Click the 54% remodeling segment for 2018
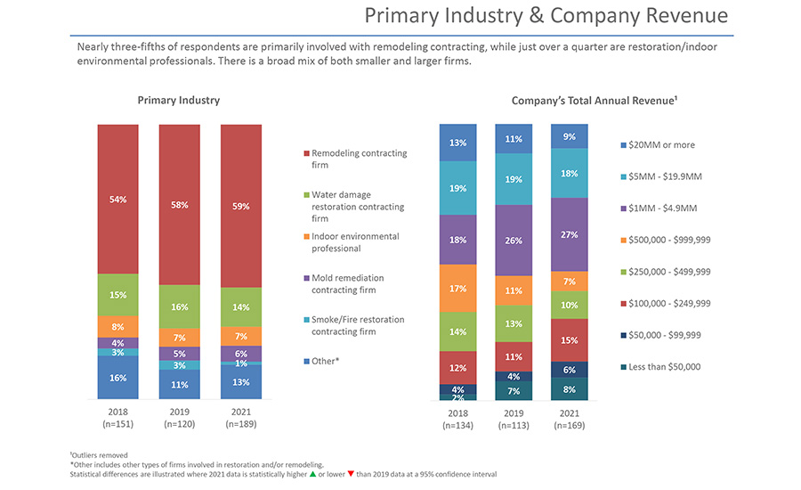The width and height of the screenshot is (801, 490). point(117,199)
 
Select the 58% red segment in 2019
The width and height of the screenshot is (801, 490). point(179,204)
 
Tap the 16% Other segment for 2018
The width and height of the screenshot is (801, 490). point(117,378)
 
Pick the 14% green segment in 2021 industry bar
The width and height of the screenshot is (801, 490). point(241,306)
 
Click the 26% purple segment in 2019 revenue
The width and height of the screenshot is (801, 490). point(513,241)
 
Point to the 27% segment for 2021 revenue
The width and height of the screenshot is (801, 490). point(570,235)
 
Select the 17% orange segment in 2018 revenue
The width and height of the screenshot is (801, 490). point(457,288)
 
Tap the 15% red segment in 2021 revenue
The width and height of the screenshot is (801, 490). point(570,339)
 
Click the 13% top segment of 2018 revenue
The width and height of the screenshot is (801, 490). point(457,143)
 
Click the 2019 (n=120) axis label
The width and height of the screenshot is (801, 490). point(179,419)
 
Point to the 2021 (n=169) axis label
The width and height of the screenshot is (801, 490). point(570,419)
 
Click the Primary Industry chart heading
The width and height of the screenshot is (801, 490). point(179,101)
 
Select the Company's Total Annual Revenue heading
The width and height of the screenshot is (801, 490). point(595,101)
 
